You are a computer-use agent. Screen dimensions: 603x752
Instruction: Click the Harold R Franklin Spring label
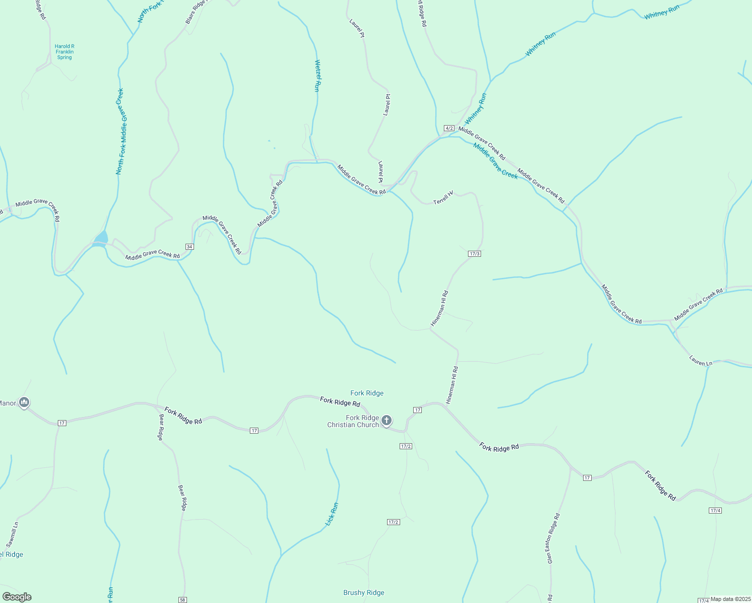[64, 52]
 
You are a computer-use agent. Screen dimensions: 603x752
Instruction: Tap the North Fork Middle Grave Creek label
[120, 132]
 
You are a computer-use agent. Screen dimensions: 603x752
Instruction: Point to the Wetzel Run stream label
[317, 76]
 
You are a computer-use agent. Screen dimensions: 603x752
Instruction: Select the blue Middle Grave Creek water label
[495, 161]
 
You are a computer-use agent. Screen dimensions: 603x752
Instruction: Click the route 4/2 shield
[449, 128]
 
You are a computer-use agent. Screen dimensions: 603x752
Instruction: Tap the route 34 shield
[190, 247]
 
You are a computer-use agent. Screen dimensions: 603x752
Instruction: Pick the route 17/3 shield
[475, 254]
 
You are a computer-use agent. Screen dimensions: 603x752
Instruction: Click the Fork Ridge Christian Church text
[353, 421]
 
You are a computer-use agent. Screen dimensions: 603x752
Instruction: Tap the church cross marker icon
[386, 420]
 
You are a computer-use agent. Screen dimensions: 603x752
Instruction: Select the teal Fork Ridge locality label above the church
[367, 393]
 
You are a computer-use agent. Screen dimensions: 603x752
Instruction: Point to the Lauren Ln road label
[701, 361]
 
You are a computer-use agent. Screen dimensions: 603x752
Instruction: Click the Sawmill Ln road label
[13, 534]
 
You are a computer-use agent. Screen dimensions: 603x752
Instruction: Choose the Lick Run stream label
[332, 514]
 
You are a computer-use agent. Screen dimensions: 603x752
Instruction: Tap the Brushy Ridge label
[364, 592]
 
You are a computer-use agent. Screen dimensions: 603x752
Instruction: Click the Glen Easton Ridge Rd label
[553, 538]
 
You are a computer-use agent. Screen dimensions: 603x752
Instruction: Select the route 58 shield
[182, 599]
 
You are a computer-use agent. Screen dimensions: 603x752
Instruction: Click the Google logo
[17, 597]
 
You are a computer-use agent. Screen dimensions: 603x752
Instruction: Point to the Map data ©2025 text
[730, 599]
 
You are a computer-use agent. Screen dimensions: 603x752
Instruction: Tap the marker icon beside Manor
[24, 403]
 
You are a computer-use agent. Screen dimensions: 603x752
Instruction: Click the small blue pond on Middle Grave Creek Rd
[102, 237]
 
